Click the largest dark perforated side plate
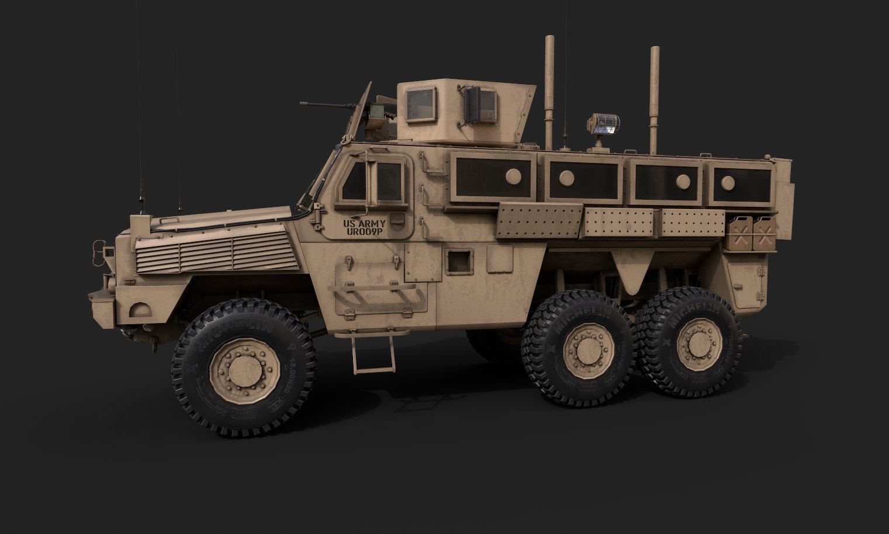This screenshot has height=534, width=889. pos(538,221)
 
